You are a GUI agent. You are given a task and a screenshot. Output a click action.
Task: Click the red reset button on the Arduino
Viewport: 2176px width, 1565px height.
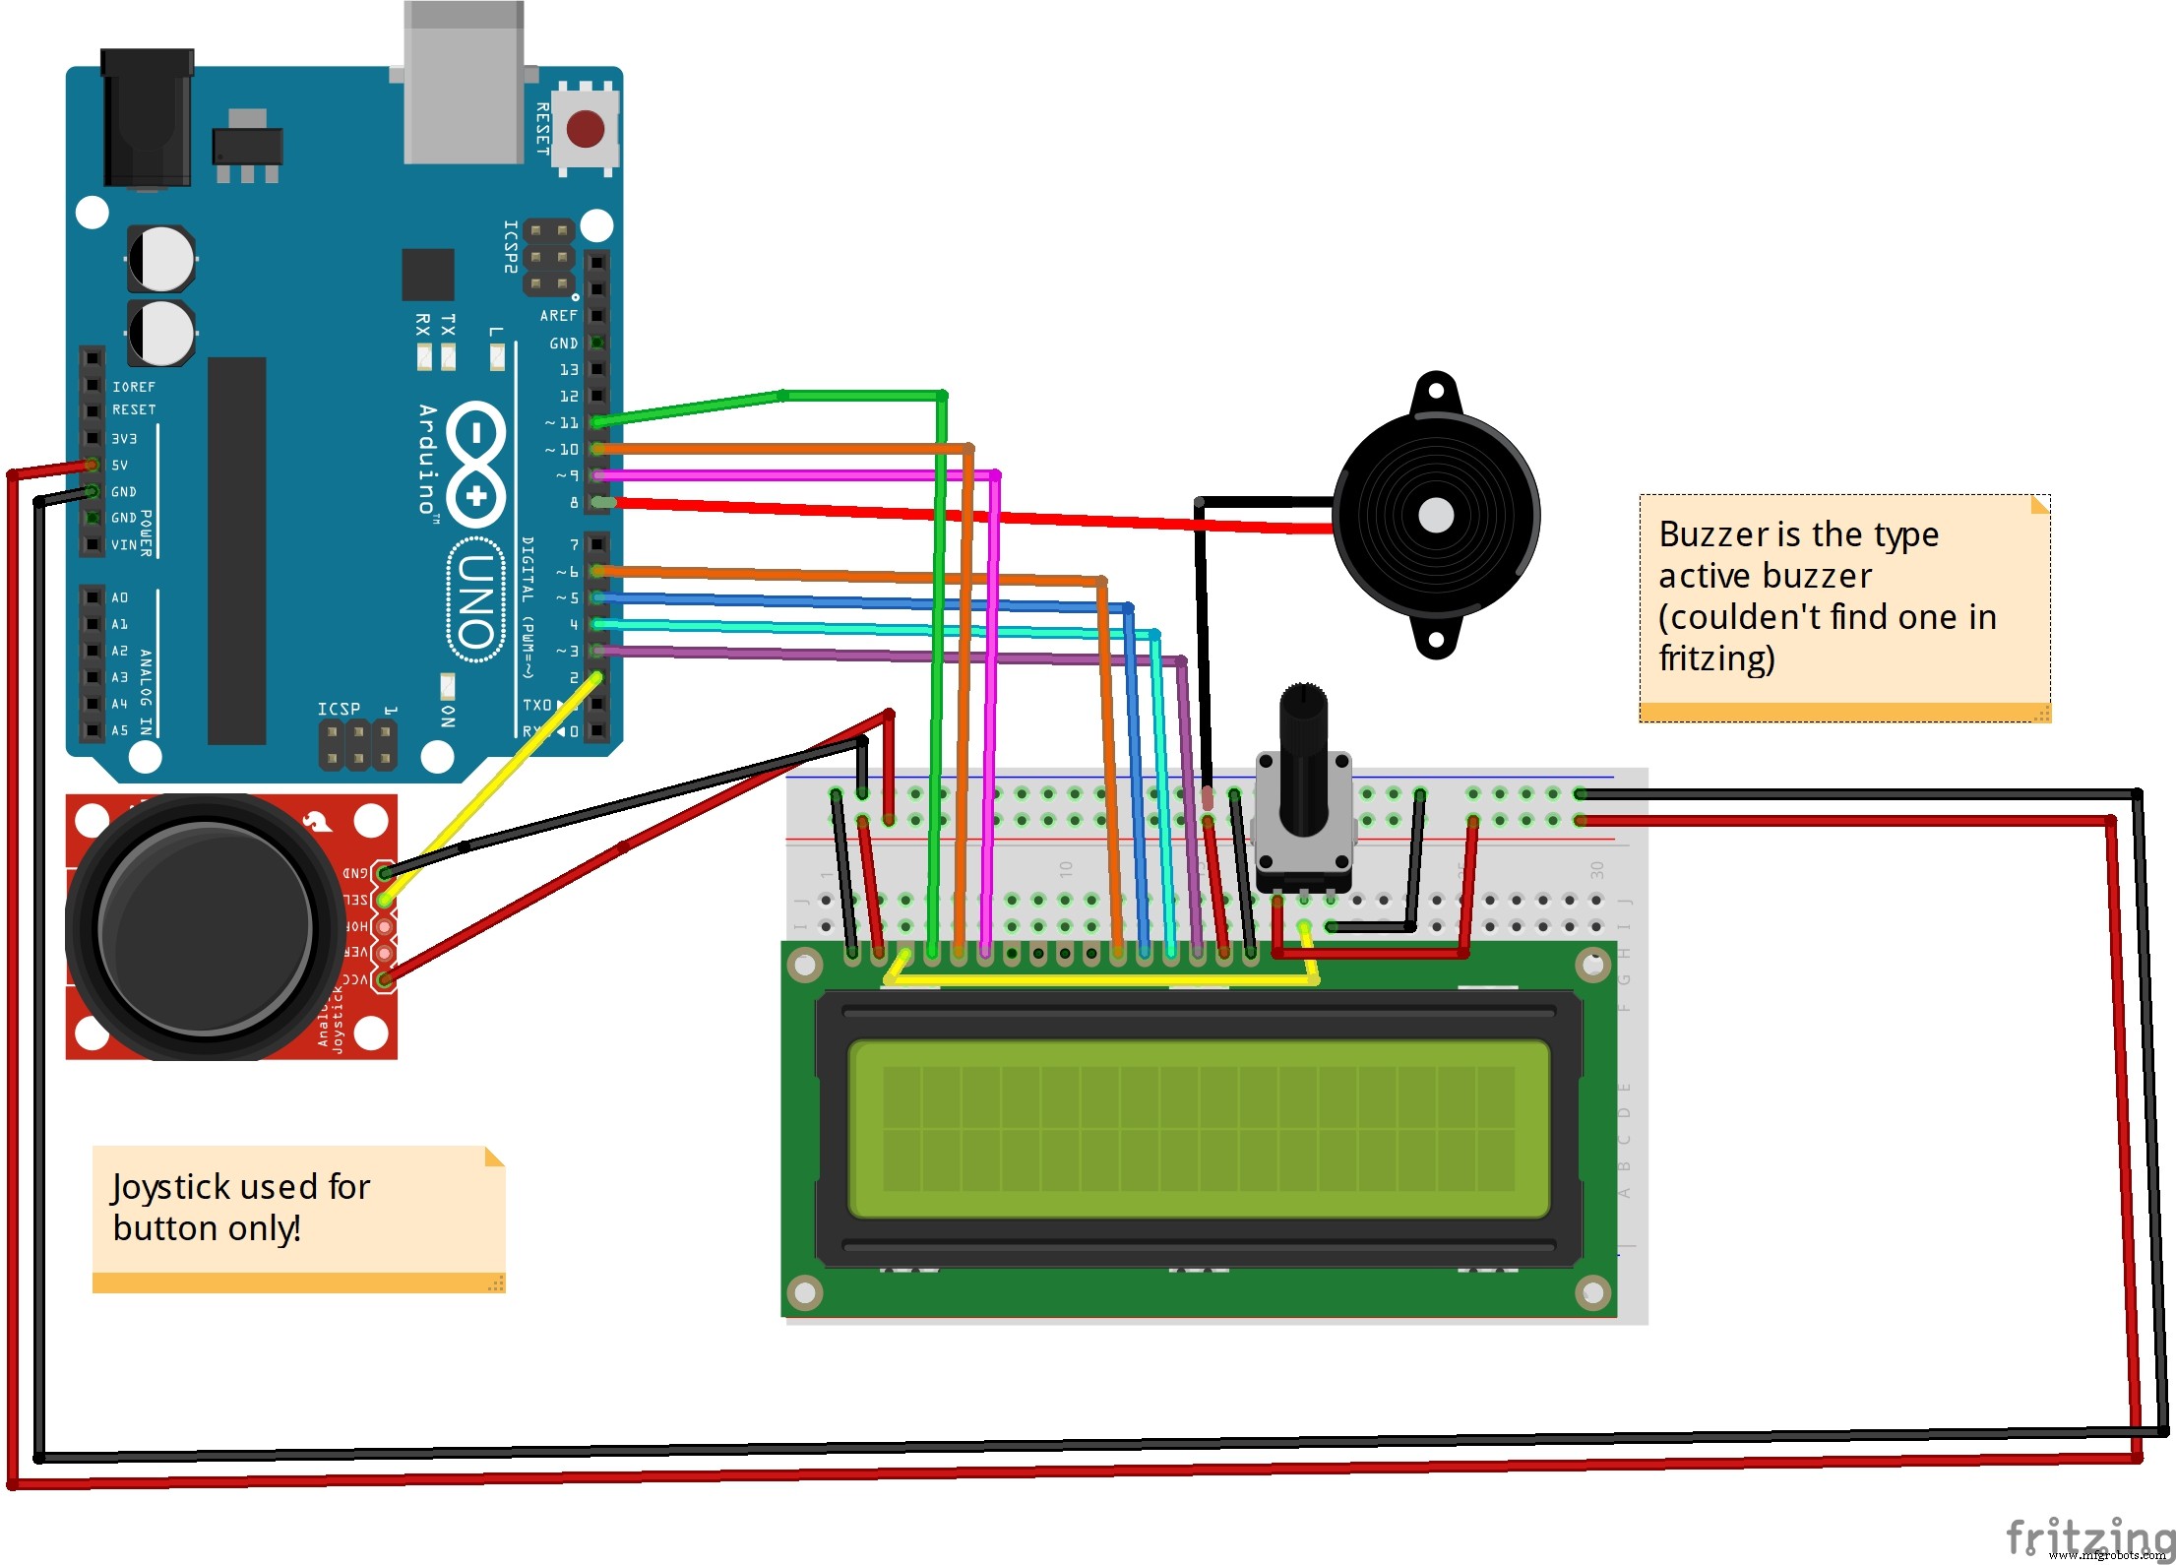pyautogui.click(x=585, y=129)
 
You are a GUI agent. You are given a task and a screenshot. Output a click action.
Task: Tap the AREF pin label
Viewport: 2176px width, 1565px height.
pyautogui.click(x=558, y=316)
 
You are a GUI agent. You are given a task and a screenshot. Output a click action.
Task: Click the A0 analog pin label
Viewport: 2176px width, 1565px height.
pyautogui.click(x=119, y=597)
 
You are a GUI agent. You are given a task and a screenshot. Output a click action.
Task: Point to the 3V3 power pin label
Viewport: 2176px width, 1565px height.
pyautogui.click(x=123, y=439)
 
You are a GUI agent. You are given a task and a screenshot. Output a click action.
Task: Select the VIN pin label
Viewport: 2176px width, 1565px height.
pyautogui.click(x=124, y=545)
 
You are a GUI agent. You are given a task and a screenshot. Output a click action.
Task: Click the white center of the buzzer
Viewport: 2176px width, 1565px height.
pyautogui.click(x=1436, y=515)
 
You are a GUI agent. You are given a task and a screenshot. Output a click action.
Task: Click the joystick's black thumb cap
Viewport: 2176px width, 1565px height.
pyautogui.click(x=205, y=928)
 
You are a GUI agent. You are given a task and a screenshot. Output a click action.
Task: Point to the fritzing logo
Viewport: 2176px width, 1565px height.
pyautogui.click(x=2086, y=1535)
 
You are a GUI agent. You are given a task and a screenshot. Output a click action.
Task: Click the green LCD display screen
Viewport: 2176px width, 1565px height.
pyautogui.click(x=1198, y=1129)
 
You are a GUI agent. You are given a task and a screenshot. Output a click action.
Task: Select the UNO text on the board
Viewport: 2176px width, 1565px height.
pyautogui.click(x=475, y=600)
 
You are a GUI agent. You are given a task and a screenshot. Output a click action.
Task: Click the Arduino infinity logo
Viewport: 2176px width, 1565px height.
pyautogui.click(x=476, y=463)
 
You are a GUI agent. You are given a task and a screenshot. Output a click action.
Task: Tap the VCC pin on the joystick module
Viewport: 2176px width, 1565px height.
pyautogui.click(x=385, y=979)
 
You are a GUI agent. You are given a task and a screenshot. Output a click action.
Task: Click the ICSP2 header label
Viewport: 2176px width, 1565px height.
pyautogui.click(x=510, y=246)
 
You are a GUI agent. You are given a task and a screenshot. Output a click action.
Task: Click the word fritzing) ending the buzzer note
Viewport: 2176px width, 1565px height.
pyautogui.click(x=1716, y=658)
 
